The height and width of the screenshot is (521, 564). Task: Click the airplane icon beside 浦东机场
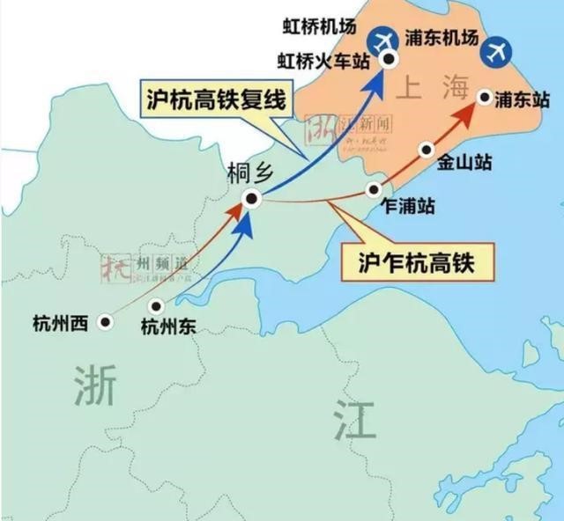tap(498, 50)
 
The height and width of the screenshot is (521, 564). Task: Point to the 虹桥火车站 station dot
tap(389, 59)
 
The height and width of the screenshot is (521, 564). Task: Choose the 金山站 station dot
tap(427, 149)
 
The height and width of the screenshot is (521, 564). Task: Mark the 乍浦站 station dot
tap(375, 189)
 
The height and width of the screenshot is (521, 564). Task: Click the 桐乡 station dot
tap(252, 199)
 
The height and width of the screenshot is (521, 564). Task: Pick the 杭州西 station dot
tap(106, 322)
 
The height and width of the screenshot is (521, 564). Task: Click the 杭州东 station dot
tap(156, 306)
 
